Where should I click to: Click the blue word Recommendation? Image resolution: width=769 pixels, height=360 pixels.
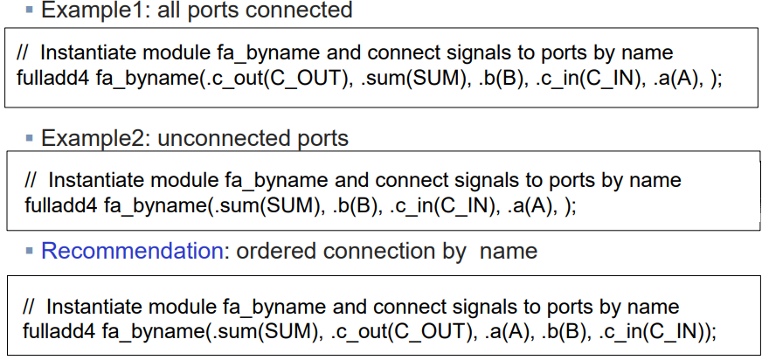click(x=132, y=252)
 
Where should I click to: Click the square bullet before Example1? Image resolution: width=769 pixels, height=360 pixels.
click(x=29, y=10)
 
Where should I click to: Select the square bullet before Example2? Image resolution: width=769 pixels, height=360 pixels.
click(x=30, y=138)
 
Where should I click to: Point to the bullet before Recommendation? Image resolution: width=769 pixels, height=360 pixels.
click(x=31, y=252)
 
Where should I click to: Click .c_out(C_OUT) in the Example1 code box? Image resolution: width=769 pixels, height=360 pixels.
click(x=276, y=76)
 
